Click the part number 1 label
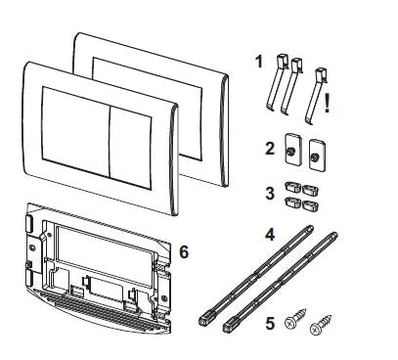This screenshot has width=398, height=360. click(x=259, y=62)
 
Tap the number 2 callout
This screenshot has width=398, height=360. click(x=270, y=149)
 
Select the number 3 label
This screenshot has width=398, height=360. click(x=270, y=193)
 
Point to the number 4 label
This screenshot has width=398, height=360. click(x=270, y=235)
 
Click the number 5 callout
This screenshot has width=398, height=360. click(x=270, y=324)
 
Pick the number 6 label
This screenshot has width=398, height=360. click(x=184, y=251)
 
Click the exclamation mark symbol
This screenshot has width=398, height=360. click(x=327, y=104)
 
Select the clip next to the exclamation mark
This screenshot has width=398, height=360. click(x=316, y=96)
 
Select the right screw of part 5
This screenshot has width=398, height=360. click(x=321, y=325)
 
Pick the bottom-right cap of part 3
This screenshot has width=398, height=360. click(x=310, y=204)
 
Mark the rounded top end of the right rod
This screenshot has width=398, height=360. click(x=333, y=235)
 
